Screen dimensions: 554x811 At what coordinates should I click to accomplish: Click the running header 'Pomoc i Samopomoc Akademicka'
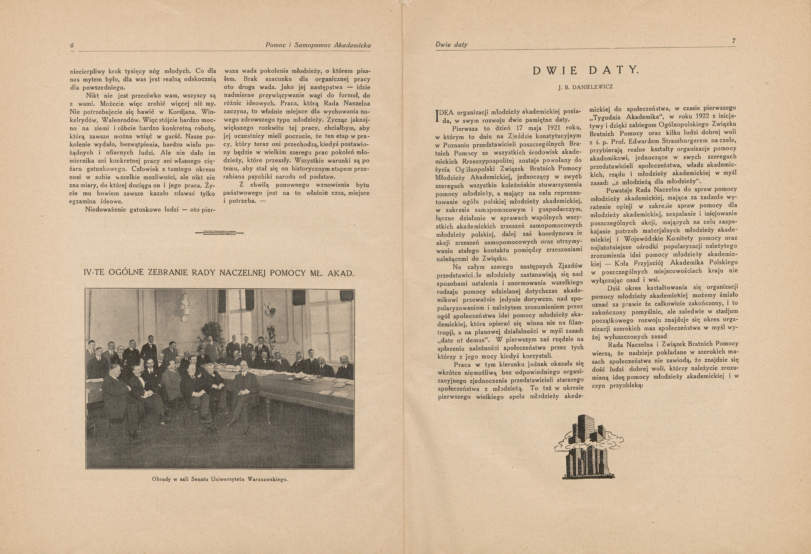point(318,45)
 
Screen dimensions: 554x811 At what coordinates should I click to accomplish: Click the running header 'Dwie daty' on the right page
point(452,45)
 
